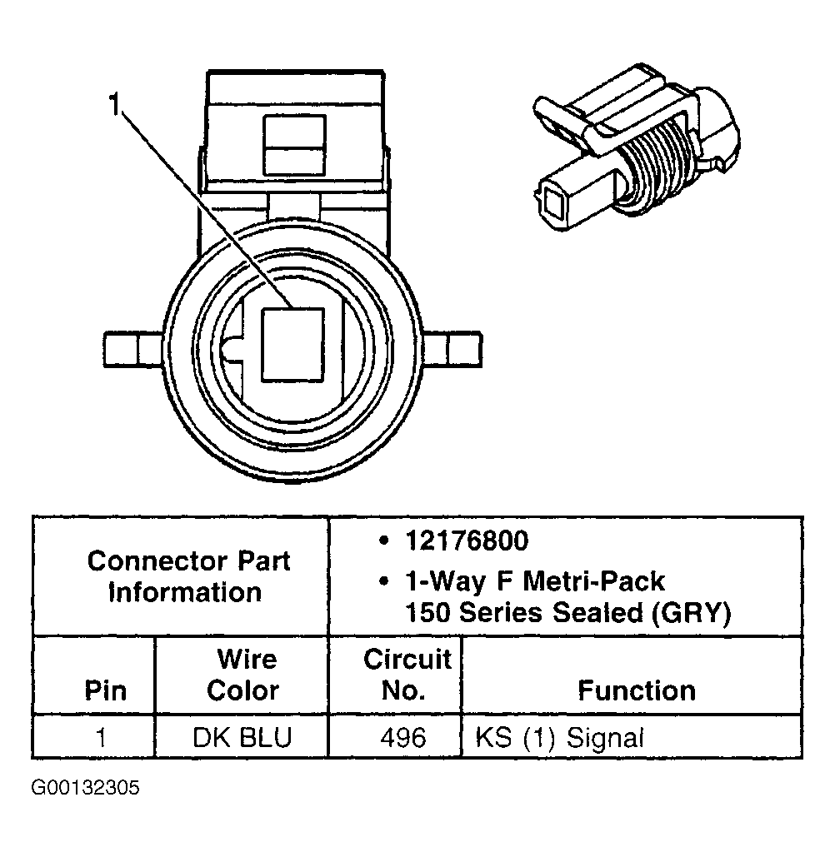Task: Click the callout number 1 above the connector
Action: (x=114, y=105)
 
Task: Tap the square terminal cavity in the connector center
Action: (x=292, y=346)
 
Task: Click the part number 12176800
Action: (x=467, y=541)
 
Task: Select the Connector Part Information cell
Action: (x=188, y=576)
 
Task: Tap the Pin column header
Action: (x=106, y=690)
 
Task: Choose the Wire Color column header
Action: (x=242, y=675)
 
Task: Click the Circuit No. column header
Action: (x=407, y=675)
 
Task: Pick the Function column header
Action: (x=637, y=690)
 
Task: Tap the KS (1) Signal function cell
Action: (x=560, y=738)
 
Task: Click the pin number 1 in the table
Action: (x=101, y=738)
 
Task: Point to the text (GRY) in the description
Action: (x=692, y=613)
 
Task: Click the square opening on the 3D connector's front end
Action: (x=553, y=201)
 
